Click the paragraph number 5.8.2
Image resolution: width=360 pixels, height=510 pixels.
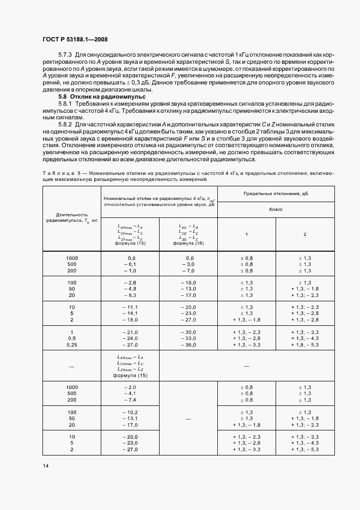pos(66,125)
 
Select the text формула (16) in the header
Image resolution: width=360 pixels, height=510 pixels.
pos(188,244)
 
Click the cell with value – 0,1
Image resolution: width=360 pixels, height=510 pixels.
pos(129,264)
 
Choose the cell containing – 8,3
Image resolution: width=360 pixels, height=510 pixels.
pos(129,295)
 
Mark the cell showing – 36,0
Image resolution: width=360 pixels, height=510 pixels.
pos(188,345)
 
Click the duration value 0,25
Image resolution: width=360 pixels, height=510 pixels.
pos(72,345)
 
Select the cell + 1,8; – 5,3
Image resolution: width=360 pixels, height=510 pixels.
pos(304,345)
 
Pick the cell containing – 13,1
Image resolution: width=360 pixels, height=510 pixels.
pos(129,418)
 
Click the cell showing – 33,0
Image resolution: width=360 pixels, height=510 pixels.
pos(188,339)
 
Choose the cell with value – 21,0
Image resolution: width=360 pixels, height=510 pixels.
pos(129,332)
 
